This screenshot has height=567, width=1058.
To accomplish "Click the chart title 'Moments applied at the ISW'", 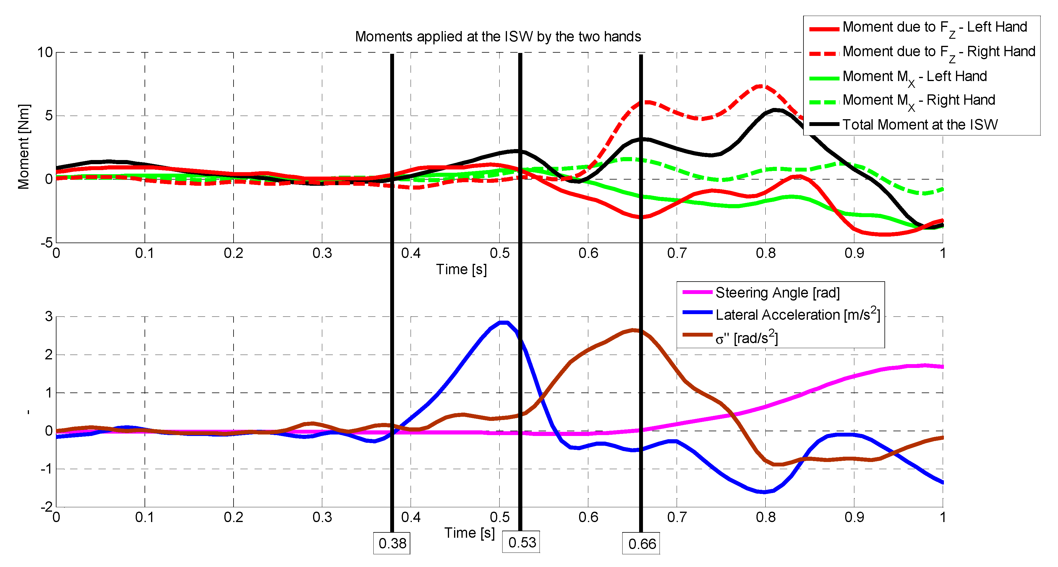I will [498, 37].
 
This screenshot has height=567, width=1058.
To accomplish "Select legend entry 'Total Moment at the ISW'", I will [920, 125].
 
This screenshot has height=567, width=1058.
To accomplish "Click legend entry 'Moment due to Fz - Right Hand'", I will [939, 52].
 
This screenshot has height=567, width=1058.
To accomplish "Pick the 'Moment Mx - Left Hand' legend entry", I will [914, 76].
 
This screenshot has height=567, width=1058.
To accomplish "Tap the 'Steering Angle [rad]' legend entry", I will [777, 293].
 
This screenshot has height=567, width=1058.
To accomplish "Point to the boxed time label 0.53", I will [521, 542].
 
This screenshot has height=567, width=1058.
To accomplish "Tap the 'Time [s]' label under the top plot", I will [461, 269].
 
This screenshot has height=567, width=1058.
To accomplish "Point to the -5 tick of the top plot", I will [46, 243].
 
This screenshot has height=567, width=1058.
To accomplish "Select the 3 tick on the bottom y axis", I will [49, 316].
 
